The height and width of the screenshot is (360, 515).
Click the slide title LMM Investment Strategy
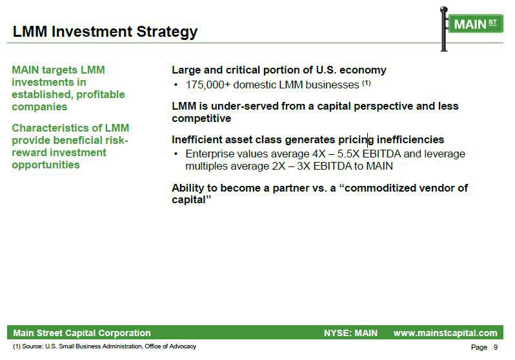(105, 32)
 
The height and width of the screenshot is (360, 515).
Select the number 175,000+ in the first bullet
(208, 85)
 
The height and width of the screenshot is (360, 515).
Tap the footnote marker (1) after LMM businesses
(366, 83)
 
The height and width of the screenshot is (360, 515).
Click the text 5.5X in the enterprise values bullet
(350, 154)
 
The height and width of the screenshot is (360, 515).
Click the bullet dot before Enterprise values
(176, 154)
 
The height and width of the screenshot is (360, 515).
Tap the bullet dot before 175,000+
(176, 85)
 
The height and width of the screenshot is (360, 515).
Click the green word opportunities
(46, 165)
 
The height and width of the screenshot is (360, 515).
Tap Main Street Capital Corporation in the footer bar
(82, 333)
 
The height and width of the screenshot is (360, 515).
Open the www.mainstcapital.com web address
(445, 333)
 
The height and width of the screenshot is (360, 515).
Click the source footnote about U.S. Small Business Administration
(105, 346)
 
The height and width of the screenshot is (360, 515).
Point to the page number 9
(496, 347)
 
